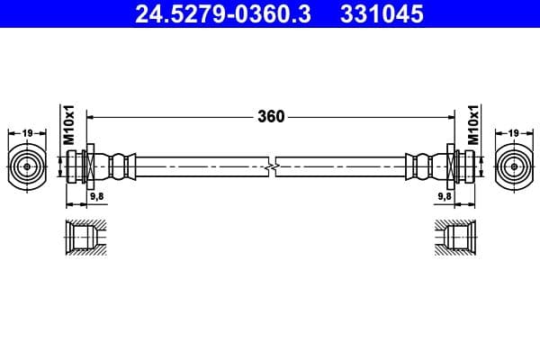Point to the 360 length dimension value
(271, 116)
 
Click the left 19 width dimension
(27, 133)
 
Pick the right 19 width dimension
(514, 133)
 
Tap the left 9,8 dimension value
(96, 194)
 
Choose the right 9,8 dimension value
(445, 194)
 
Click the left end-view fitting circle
(27, 166)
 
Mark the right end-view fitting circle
(514, 166)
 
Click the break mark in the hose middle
(271, 166)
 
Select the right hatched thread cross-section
(454, 238)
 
